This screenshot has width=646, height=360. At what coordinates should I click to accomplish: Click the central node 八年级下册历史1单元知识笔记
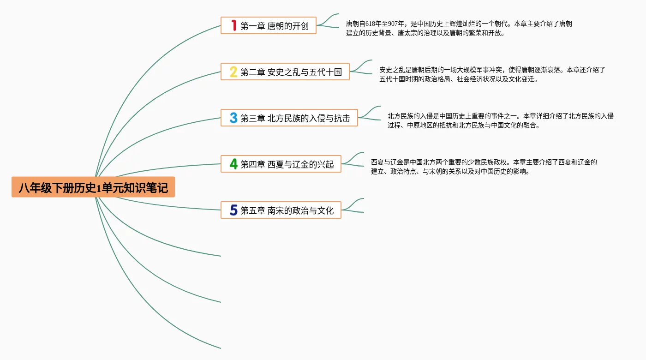[93, 187]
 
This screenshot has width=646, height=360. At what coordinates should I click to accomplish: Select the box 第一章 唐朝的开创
[268, 25]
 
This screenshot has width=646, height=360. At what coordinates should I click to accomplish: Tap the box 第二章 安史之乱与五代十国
[285, 72]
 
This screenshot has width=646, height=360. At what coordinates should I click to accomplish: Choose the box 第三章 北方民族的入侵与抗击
[289, 118]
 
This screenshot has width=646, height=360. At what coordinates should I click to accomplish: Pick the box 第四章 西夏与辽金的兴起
[281, 164]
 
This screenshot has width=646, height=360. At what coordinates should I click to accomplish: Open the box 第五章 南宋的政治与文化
[281, 210]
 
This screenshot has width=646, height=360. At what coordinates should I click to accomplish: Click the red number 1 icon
[233, 25]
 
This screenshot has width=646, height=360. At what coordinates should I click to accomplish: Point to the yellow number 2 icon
[233, 72]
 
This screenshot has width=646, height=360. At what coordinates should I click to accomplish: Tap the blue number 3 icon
[233, 118]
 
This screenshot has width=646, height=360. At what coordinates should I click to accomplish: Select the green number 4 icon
[233, 164]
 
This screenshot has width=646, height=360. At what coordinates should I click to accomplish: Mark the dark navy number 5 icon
[233, 210]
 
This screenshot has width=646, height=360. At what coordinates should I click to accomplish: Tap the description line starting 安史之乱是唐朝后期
[492, 70]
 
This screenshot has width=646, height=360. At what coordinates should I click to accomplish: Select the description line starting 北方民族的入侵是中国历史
[500, 116]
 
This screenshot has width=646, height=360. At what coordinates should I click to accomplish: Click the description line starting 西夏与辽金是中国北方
[484, 162]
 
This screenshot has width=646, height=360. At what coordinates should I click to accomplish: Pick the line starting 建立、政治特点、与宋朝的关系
[450, 172]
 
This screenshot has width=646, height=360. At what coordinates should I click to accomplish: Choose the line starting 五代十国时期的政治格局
[459, 79]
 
